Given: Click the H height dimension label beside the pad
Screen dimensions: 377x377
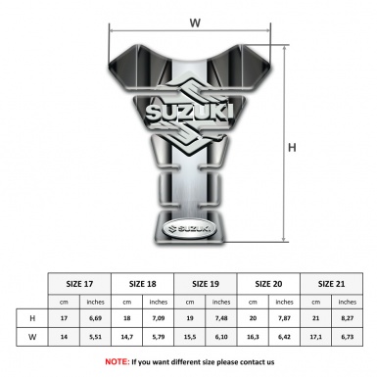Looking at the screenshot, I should click(291, 147).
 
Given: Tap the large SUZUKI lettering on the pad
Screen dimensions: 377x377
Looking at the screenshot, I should click(195, 118).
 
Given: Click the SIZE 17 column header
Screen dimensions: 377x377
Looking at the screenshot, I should click(80, 283).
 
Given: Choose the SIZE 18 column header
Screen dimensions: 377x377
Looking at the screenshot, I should click(144, 283).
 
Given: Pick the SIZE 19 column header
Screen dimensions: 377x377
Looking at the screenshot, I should click(207, 283).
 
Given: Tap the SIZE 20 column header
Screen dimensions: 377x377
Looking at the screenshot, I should click(269, 283).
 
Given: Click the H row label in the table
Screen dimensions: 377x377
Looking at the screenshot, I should click(33, 318).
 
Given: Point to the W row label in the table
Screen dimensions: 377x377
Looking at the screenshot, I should click(33, 336).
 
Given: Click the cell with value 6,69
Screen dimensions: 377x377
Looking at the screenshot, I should click(96, 318).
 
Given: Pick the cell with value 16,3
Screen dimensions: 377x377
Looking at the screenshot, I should click(254, 336).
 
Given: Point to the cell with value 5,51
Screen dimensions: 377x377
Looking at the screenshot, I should click(96, 336).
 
